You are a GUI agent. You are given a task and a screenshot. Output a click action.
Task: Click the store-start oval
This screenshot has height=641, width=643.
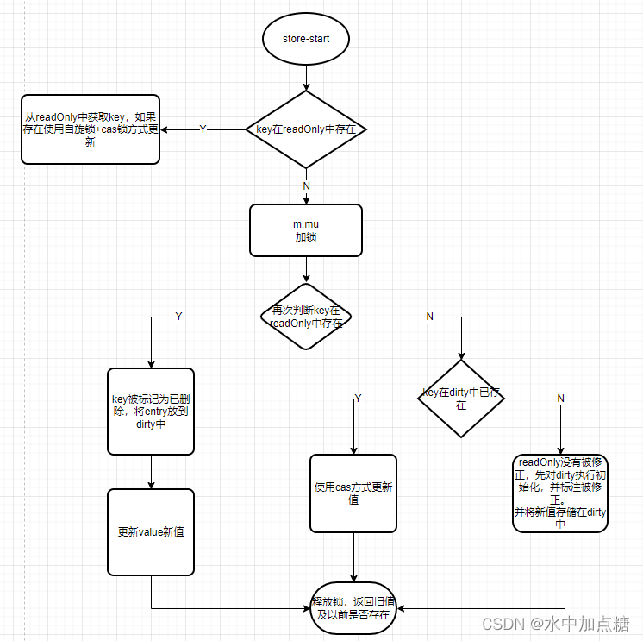306,40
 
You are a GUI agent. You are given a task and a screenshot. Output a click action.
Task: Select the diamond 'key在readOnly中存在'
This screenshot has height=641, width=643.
306,129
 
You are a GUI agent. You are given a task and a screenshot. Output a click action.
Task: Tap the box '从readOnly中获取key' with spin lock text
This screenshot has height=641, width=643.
91,129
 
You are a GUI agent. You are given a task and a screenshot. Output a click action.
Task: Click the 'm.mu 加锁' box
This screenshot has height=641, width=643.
306,230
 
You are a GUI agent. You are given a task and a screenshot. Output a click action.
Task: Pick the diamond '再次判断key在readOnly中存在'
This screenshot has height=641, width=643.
307,317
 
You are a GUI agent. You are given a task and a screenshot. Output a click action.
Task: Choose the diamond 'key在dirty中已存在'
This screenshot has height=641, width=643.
461,399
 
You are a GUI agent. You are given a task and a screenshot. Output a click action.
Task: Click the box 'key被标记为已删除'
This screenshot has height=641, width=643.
151,412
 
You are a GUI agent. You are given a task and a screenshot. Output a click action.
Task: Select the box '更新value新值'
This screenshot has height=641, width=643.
151,531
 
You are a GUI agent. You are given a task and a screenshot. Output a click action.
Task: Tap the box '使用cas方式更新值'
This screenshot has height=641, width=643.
353,493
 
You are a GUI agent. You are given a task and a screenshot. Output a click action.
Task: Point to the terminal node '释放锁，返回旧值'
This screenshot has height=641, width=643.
354,608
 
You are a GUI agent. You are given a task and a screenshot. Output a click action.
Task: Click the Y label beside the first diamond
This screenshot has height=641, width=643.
203,129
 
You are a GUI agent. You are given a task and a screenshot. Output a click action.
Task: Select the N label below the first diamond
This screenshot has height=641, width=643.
306,186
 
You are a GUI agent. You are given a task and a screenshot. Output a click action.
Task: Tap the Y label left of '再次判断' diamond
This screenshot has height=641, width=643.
178,317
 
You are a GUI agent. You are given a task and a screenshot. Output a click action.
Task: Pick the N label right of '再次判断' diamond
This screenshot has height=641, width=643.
429,317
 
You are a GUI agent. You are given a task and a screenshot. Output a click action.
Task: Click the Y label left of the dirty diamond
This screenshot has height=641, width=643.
359,398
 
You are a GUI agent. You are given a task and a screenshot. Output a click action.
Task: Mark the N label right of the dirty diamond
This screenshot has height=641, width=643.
560,398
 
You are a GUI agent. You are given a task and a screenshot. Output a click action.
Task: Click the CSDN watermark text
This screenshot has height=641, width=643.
555,624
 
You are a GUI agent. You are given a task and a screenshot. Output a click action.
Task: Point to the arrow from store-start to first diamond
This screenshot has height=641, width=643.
306,78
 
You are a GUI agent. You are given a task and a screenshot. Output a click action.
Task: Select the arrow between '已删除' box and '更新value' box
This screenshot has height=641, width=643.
151,472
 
